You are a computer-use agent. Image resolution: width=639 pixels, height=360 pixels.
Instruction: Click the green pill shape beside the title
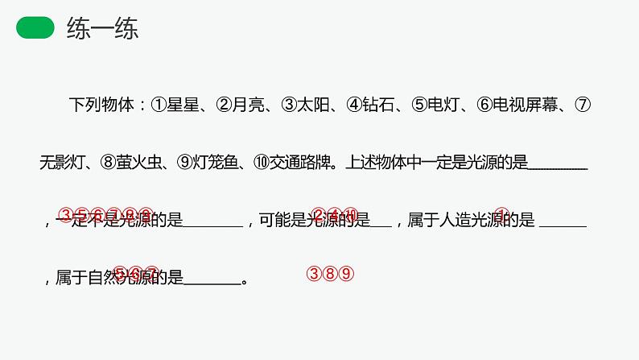pyautogui.click(x=36, y=29)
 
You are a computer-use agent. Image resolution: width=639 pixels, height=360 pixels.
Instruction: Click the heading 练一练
pyautogui.click(x=102, y=29)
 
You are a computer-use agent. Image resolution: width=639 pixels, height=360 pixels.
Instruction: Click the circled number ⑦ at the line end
pyautogui.click(x=584, y=105)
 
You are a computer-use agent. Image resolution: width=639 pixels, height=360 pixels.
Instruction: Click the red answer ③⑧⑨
pyautogui.click(x=331, y=274)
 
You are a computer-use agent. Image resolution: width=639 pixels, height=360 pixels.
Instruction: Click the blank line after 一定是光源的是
pyautogui.click(x=560, y=166)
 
